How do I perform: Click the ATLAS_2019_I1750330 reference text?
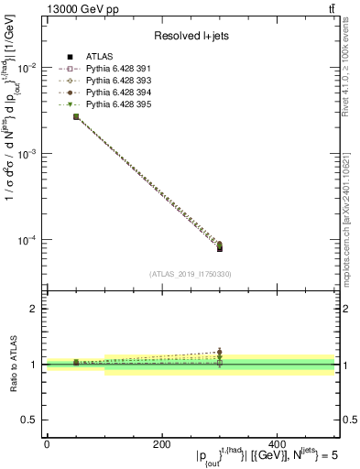[190, 274]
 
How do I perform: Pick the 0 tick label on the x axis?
[47, 444]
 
